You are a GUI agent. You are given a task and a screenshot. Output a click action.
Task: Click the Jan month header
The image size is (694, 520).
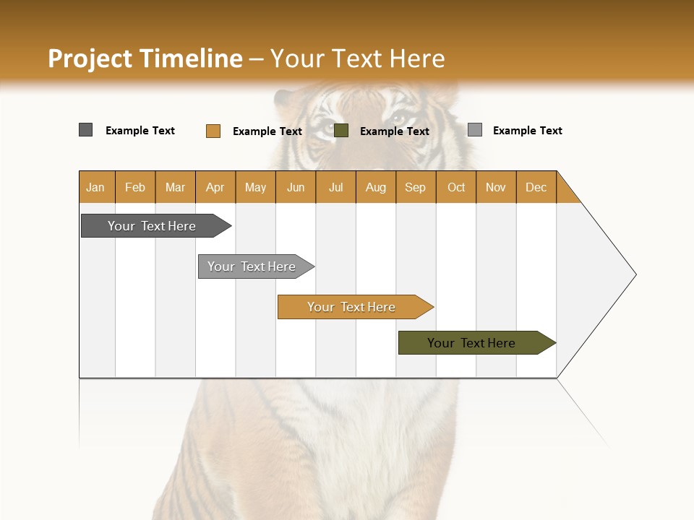point(96,187)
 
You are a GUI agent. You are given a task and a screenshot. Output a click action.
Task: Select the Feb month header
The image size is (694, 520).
point(135,187)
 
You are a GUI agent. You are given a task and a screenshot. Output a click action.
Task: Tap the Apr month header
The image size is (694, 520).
point(215,187)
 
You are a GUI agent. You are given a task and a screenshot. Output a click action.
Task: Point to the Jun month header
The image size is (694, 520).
point(296,187)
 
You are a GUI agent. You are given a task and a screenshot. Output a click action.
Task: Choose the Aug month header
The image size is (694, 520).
point(376,187)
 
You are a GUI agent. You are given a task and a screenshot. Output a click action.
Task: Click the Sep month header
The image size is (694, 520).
point(416,187)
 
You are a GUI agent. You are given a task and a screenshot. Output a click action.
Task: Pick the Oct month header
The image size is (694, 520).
point(456,187)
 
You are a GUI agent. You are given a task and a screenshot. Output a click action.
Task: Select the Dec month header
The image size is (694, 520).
point(536,187)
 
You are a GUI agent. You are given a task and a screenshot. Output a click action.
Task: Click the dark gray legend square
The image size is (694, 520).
point(86,130)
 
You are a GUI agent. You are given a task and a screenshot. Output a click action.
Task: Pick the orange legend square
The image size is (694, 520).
point(213,131)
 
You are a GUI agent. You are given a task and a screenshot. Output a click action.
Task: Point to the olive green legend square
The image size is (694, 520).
point(341,130)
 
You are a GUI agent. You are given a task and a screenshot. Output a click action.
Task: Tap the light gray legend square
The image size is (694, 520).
point(475,130)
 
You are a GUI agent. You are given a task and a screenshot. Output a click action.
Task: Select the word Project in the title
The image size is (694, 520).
point(90,58)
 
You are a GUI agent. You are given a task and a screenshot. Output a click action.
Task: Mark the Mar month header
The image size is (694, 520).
point(175,187)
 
